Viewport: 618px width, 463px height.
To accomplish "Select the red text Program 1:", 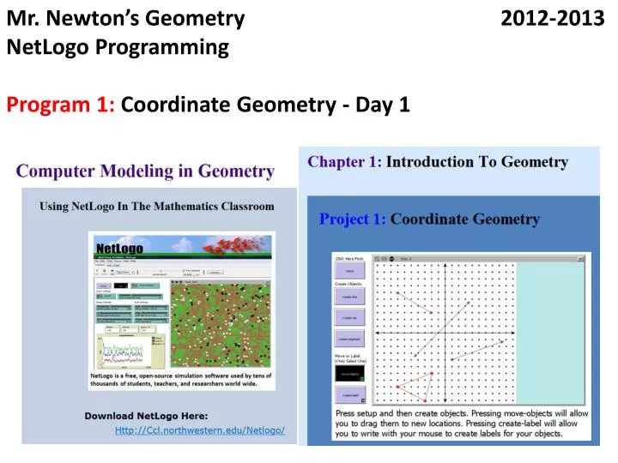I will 61,105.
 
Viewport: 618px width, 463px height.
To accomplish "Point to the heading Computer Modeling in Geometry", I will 145,171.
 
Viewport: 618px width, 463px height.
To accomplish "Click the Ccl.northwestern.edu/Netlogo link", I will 199,430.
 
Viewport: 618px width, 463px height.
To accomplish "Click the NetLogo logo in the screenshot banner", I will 119,248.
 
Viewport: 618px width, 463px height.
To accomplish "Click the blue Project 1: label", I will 352,219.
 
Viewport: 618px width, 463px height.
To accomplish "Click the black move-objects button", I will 349,374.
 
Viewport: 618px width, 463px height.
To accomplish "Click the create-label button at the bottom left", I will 349,395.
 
